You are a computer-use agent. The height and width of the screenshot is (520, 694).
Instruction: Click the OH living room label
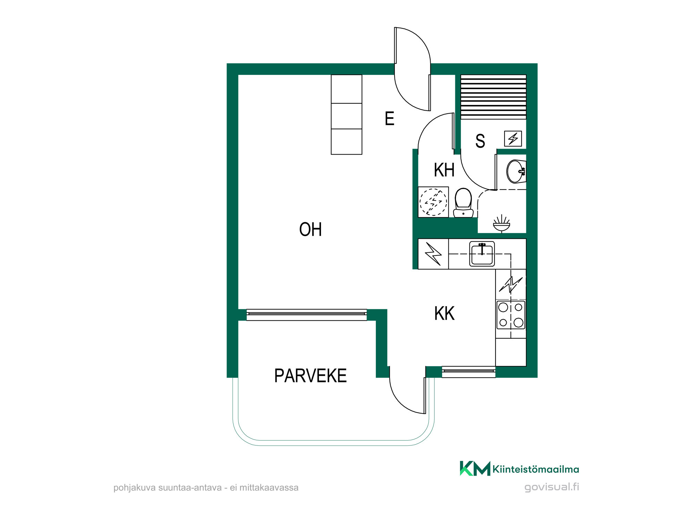pyautogui.click(x=311, y=229)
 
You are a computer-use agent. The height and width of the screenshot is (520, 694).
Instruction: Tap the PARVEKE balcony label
pyautogui.click(x=311, y=376)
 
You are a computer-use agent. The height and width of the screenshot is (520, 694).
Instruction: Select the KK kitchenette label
pyautogui.click(x=444, y=313)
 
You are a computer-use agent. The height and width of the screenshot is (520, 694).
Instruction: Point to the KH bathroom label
pyautogui.click(x=444, y=170)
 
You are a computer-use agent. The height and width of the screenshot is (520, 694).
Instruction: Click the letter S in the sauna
pyautogui.click(x=480, y=141)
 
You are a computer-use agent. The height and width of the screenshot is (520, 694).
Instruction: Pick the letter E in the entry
pyautogui.click(x=390, y=119)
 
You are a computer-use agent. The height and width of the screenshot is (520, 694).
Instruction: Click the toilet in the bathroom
pyautogui.click(x=463, y=203)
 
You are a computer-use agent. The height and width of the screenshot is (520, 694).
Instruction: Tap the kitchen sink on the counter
pyautogui.click(x=482, y=254)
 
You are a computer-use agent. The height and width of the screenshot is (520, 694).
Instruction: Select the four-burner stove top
pyautogui.click(x=511, y=315)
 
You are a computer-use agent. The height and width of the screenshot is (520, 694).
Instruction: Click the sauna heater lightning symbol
pyautogui.click(x=513, y=139)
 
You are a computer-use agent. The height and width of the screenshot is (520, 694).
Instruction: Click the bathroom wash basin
pyautogui.click(x=516, y=171)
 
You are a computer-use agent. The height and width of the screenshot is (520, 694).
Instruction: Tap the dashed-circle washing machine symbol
pyautogui.click(x=433, y=202)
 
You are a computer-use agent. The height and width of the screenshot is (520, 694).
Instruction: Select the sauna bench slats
pyautogui.click(x=493, y=97)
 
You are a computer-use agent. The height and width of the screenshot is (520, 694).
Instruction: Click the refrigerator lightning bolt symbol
pyautogui.click(x=433, y=254)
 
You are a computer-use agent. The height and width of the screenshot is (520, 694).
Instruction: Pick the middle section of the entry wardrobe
pyautogui.click(x=347, y=116)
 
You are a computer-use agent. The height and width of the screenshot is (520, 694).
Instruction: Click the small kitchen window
pyautogui.click(x=469, y=371)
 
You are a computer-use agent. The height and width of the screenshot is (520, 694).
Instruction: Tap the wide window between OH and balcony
pyautogui.click(x=307, y=314)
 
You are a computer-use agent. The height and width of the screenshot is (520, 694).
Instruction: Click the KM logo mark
pyautogui.click(x=475, y=469)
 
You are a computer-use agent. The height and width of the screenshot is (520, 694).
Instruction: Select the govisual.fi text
pyautogui.click(x=552, y=487)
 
